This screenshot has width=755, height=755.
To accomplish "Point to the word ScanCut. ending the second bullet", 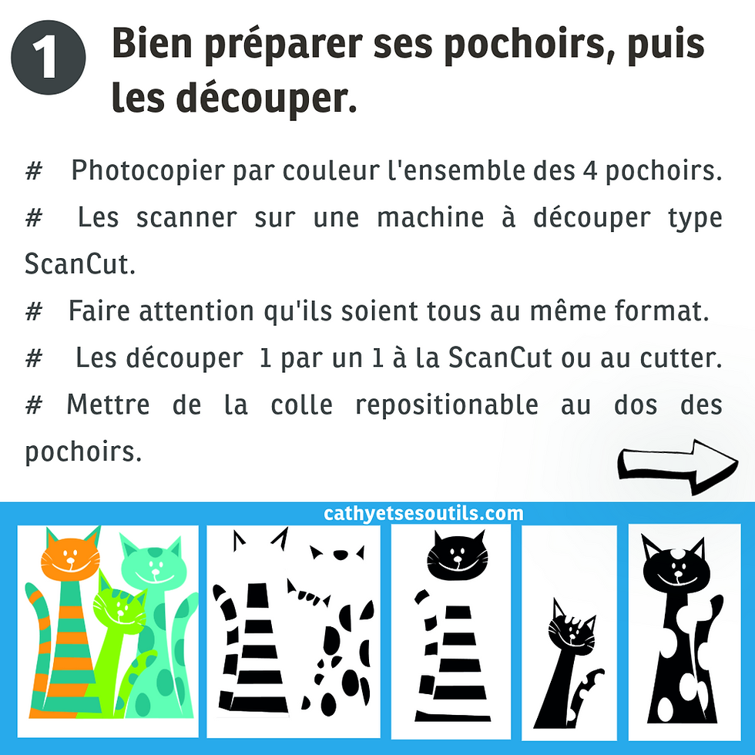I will (79, 263).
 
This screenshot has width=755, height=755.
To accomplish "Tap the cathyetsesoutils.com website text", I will (424, 514).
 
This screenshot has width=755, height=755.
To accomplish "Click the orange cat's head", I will (72, 558).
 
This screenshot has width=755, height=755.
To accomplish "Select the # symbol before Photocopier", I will (33, 172).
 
